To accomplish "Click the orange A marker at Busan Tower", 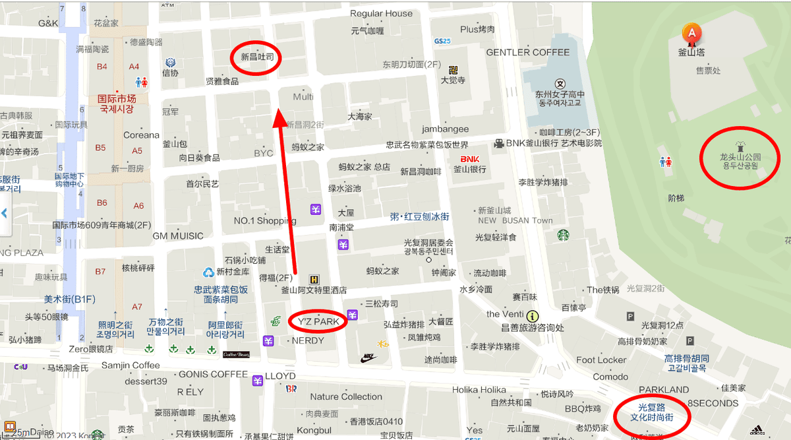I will click(691, 32).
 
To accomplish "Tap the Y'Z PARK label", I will click(318, 322).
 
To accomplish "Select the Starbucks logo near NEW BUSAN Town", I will click(563, 235).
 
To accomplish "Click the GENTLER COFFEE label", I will click(527, 52).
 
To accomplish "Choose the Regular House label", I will click(381, 14).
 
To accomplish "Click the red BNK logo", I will click(469, 159).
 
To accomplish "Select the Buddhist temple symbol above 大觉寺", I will click(453, 70).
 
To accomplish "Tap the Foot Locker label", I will click(601, 360).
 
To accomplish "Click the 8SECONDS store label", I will click(713, 403).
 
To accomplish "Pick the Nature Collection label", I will click(346, 396).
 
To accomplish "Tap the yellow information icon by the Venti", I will click(533, 316).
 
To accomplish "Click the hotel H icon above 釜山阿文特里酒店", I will click(314, 279).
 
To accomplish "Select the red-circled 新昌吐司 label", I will click(256, 58).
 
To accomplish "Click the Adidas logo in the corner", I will click(756, 429).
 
